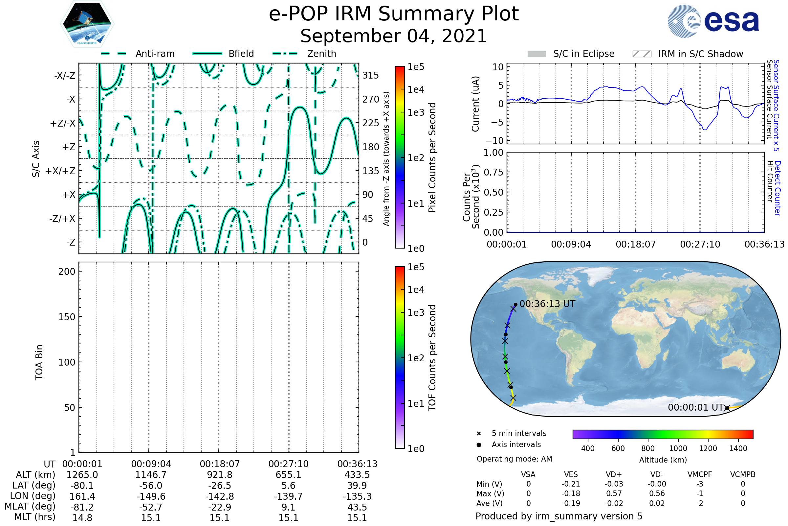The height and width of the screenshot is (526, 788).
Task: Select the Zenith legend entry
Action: point(305,54)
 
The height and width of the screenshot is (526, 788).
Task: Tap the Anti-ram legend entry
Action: point(138,54)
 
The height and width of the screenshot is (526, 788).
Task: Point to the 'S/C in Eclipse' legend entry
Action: point(571,54)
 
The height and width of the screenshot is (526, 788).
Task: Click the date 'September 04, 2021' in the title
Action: point(394,36)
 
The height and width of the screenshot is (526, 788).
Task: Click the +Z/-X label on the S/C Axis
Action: point(63,123)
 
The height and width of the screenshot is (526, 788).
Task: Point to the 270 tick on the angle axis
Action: point(371,99)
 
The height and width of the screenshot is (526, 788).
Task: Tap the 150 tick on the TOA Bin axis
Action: point(67,317)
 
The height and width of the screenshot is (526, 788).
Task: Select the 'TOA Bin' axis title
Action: point(39,362)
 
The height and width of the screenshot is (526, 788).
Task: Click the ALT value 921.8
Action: point(219,475)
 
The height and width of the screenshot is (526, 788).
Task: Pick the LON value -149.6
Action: point(151,496)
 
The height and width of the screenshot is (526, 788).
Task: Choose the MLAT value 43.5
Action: point(357,507)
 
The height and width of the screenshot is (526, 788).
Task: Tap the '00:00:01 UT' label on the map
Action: point(695,408)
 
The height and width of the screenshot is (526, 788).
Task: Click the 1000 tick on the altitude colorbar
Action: point(678,448)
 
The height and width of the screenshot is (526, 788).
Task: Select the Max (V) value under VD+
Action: point(614,494)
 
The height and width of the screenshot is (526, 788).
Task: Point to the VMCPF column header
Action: point(700,475)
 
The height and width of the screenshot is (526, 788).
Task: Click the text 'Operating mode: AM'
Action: point(514,459)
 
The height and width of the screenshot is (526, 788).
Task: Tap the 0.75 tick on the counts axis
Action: point(493,172)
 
